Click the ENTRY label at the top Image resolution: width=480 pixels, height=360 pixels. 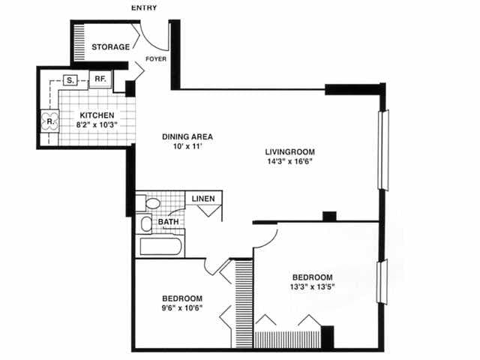point(145,7)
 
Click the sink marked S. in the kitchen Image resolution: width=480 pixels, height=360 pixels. point(70,79)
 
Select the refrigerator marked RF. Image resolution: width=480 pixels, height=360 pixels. point(99,79)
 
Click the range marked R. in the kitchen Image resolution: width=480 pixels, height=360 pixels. point(50,121)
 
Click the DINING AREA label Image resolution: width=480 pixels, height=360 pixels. point(188,136)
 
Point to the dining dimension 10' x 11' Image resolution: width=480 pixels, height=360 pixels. point(188,148)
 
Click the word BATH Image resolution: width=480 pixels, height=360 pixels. point(166,222)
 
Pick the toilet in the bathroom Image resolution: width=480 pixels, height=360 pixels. point(153,202)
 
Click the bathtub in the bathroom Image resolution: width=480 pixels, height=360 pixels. point(160,246)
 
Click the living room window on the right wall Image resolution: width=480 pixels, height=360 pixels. point(385,149)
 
